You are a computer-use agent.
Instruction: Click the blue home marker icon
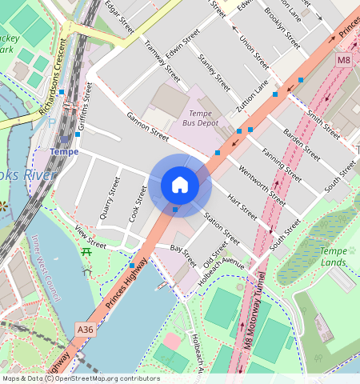coord(180,185)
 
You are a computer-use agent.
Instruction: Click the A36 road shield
coord(86,328)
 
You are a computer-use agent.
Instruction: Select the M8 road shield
coord(343,60)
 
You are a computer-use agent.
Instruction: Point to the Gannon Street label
coord(148,126)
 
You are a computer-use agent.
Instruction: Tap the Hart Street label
coord(242,207)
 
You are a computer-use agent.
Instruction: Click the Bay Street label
coord(182,256)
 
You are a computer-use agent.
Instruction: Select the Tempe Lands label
coord(334,257)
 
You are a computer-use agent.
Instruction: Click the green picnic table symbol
coord(86,252)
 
